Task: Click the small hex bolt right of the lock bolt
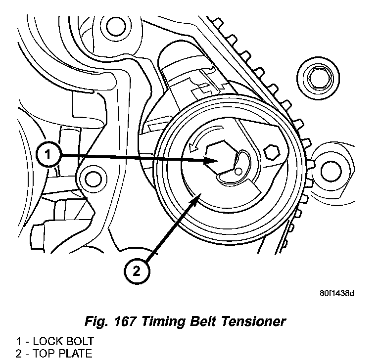(x=272, y=151)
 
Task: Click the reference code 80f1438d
(x=336, y=293)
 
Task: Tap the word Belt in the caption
(x=200, y=322)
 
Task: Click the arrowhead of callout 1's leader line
(x=214, y=161)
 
